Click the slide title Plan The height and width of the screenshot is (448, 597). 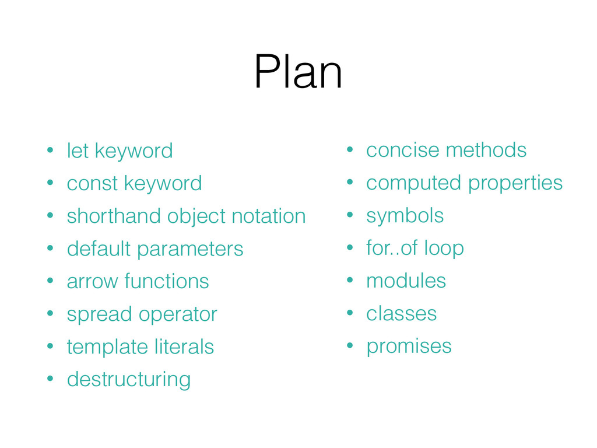click(298, 73)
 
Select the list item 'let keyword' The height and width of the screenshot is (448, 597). click(120, 151)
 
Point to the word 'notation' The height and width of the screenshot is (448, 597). click(268, 216)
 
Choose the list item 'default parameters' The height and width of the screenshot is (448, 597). click(154, 249)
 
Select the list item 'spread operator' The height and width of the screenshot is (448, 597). click(142, 314)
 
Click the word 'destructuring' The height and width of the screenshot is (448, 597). click(128, 380)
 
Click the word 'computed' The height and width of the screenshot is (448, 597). click(413, 183)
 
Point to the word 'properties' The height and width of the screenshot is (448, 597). click(515, 183)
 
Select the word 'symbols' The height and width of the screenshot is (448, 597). click(405, 216)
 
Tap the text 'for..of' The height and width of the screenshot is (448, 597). click(388, 248)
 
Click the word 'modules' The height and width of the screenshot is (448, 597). click(406, 281)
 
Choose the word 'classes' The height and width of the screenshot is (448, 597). click(401, 314)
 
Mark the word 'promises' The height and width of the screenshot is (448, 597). click(409, 346)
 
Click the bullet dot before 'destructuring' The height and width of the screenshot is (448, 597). click(51, 380)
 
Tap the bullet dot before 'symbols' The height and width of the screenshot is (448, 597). click(350, 216)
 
